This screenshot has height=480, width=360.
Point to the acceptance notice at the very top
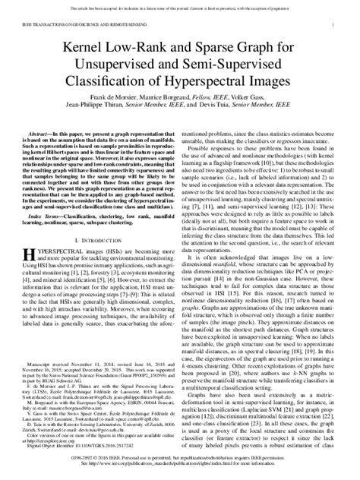(x=180, y=5)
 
